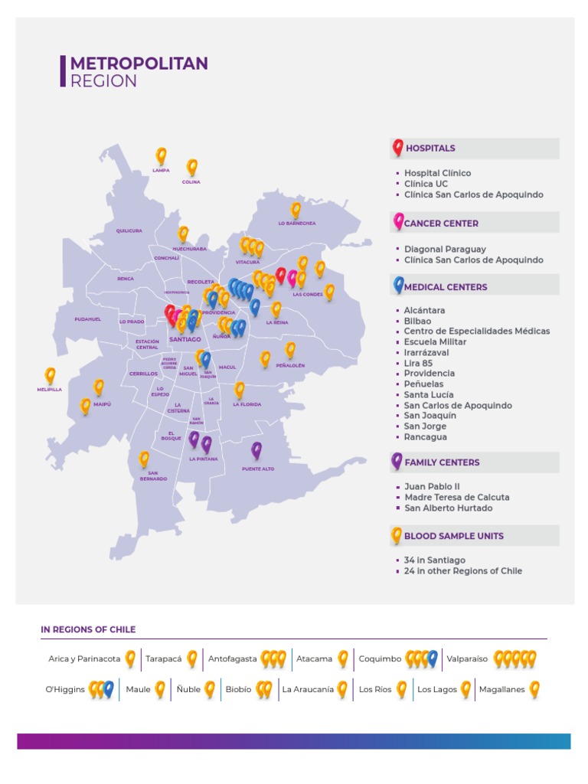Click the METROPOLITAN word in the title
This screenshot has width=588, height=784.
click(x=139, y=64)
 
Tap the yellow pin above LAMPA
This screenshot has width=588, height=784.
click(x=161, y=155)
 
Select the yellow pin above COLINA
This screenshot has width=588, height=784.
click(x=192, y=167)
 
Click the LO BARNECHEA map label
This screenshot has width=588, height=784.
click(x=297, y=224)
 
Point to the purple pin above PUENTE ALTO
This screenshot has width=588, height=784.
click(x=256, y=450)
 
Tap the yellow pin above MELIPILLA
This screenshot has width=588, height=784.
click(x=51, y=375)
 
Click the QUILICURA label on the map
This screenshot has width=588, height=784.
click(x=129, y=230)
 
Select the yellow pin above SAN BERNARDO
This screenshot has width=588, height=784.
click(x=144, y=459)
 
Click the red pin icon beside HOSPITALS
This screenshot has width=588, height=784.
click(x=397, y=148)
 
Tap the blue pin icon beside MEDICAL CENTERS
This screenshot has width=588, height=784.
click(x=398, y=286)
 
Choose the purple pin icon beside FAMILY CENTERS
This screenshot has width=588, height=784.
click(x=397, y=461)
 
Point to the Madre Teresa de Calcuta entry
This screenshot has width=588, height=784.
click(x=456, y=497)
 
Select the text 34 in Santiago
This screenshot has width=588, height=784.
click(x=434, y=560)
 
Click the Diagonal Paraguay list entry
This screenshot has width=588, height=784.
click(x=445, y=249)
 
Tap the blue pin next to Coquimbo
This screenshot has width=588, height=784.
click(x=433, y=658)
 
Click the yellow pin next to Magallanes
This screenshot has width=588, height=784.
click(x=534, y=689)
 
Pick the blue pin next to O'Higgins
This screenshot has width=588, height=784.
click(x=109, y=689)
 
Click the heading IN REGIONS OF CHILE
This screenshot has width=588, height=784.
click(x=88, y=629)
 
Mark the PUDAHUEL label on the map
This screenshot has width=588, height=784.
click(x=87, y=319)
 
